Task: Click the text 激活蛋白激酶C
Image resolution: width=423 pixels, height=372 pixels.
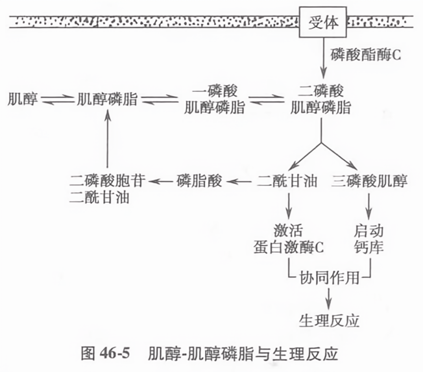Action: click(289, 238)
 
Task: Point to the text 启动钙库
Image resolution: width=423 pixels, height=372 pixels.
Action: click(370, 238)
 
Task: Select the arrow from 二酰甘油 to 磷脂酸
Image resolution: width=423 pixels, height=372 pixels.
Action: click(241, 182)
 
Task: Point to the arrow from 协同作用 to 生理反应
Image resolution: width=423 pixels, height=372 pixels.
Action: click(329, 297)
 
